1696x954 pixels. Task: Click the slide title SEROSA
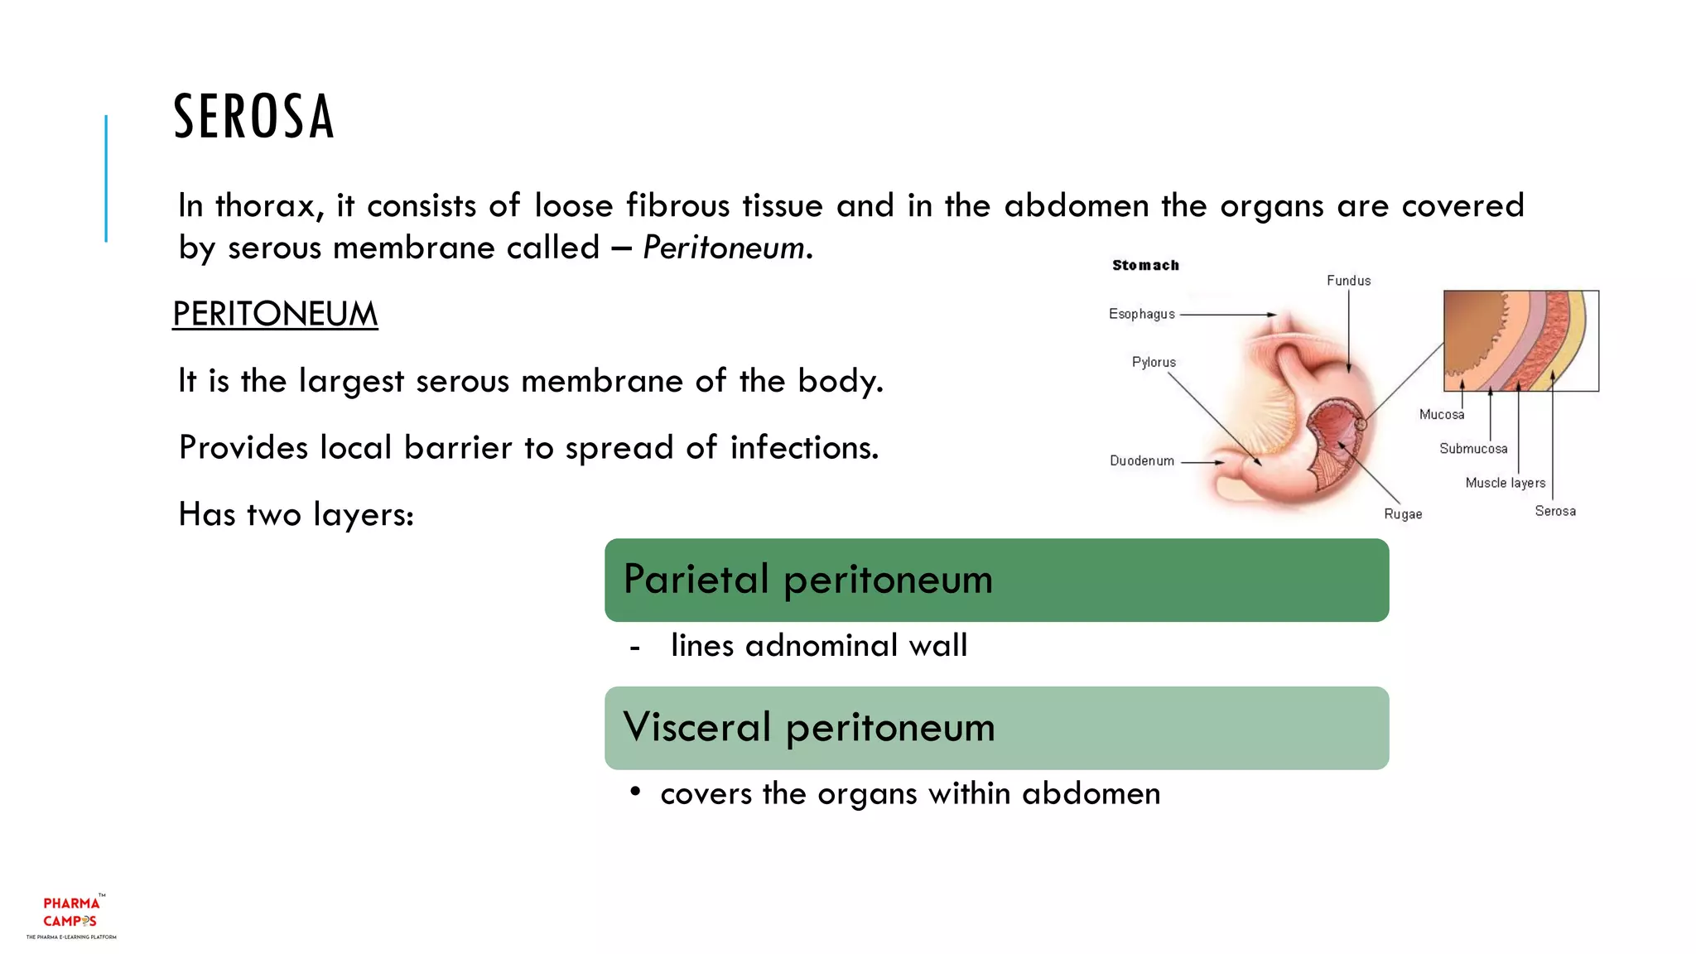(253, 117)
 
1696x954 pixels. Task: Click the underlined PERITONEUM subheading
(275, 315)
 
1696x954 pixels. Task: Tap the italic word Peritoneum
(723, 248)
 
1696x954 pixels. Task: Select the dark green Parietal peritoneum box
(996, 580)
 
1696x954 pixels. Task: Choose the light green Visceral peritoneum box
(996, 728)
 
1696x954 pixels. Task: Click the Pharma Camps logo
(71, 915)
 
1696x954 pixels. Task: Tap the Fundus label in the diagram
(1348, 281)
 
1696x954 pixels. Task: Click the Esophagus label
(1141, 314)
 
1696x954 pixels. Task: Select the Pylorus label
(1154, 362)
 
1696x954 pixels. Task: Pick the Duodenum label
(1141, 460)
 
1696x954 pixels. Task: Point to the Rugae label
(1403, 514)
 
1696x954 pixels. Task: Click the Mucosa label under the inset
(1441, 414)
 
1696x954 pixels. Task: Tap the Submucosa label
(1473, 449)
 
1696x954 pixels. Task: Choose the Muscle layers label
(1505, 483)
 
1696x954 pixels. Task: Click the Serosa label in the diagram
(1555, 511)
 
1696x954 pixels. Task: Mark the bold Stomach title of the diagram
(1145, 265)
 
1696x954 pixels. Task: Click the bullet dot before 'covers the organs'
(635, 793)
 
